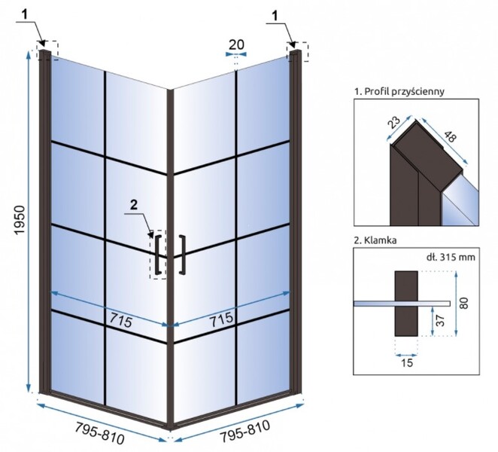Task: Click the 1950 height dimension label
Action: point(20,221)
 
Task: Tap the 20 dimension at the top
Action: point(237,45)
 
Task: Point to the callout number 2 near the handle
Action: point(134,205)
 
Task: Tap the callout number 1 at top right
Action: point(275,15)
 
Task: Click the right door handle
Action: point(183,255)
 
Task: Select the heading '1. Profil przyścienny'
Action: point(399,92)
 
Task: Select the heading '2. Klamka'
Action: point(375,240)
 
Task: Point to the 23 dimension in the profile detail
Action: point(395,122)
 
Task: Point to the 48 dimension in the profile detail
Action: point(450,136)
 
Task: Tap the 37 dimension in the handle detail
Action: point(440,320)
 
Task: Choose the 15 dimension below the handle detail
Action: point(407,362)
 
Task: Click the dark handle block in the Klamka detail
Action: point(406,304)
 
